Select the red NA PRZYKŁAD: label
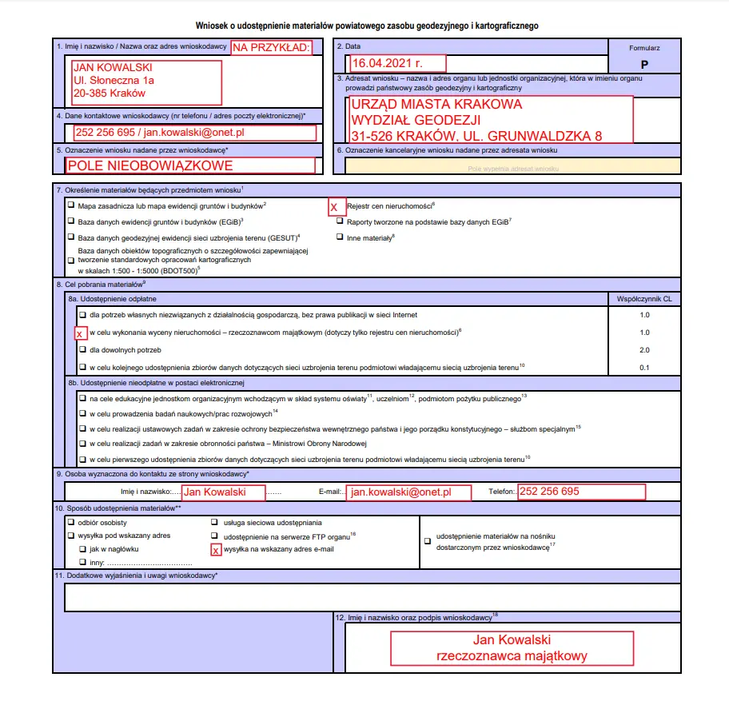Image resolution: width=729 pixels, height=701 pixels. [272, 47]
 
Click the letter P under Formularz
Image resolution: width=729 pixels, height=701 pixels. [645, 63]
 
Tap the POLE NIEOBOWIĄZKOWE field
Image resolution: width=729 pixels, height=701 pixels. [190, 165]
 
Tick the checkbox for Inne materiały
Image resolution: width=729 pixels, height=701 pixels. [340, 237]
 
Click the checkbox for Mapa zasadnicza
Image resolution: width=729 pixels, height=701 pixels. [71, 205]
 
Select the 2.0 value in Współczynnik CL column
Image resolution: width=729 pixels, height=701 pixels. [644, 350]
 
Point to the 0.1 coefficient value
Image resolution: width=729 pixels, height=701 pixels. [644, 368]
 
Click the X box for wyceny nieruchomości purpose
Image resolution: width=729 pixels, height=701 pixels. [80, 333]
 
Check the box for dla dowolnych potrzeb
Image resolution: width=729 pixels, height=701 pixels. [82, 350]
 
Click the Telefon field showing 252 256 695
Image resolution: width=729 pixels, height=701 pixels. [581, 492]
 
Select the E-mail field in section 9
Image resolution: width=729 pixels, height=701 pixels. [408, 492]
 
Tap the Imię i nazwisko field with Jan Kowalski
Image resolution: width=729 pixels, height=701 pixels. [223, 492]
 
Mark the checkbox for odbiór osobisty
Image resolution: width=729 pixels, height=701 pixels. [71, 522]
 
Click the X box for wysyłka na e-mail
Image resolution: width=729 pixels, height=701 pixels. [215, 550]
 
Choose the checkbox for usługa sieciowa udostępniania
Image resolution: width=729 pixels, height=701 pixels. [215, 522]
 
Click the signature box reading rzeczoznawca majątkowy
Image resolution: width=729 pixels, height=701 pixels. [512, 648]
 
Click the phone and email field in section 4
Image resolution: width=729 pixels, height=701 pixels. [194, 133]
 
